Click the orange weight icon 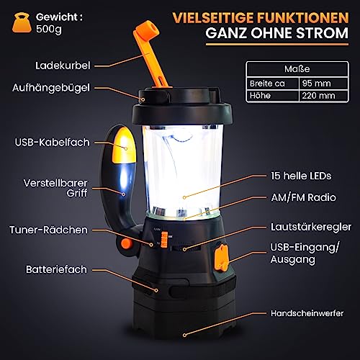coord(22,23)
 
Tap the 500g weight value coord(49,29)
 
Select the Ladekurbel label coord(63,66)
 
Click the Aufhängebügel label coord(51,88)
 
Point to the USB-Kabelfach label coord(53,142)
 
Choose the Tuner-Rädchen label coord(49,230)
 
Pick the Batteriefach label coord(56,269)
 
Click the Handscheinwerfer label coord(307,313)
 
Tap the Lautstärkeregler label coord(311,227)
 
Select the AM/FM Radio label coord(304,197)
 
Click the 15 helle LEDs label coord(301,176)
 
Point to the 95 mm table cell coord(323,84)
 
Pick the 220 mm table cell coord(323,96)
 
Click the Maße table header coord(297,69)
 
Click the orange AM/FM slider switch coord(164,240)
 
